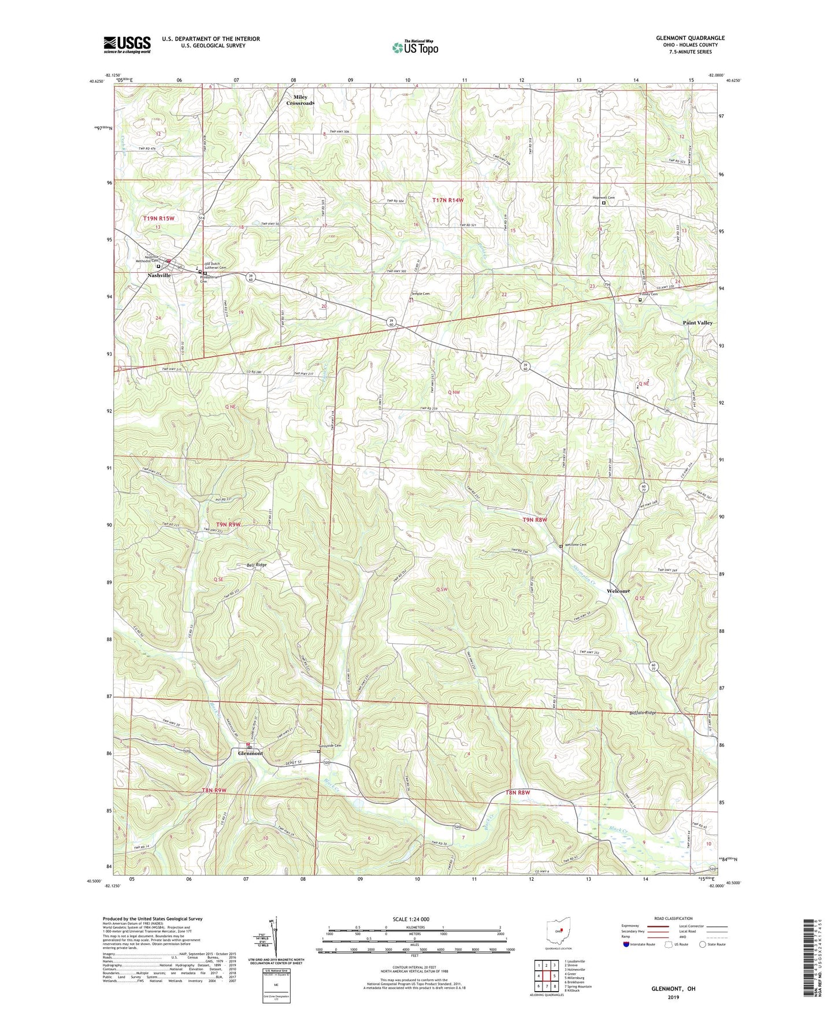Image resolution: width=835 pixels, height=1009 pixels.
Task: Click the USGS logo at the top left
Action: pyautogui.click(x=127, y=44)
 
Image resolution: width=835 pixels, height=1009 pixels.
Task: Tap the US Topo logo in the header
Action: pyautogui.click(x=414, y=47)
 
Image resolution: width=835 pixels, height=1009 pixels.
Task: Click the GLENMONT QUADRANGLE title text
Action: pyautogui.click(x=690, y=38)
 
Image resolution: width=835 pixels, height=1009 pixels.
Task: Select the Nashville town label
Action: pyautogui.click(x=159, y=276)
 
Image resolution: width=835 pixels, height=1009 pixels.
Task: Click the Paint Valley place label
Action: pyautogui.click(x=697, y=323)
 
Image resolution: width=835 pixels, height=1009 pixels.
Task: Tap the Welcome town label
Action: pyautogui.click(x=618, y=591)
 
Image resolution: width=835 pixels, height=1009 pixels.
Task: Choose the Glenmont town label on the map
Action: pyautogui.click(x=250, y=753)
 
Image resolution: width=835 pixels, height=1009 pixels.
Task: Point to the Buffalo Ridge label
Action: pyautogui.click(x=643, y=713)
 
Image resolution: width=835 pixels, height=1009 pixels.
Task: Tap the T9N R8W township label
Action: pyautogui.click(x=535, y=520)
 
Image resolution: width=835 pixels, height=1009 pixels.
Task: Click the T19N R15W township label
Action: pyautogui.click(x=159, y=218)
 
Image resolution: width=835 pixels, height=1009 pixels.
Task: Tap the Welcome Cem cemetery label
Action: pyautogui.click(x=576, y=545)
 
